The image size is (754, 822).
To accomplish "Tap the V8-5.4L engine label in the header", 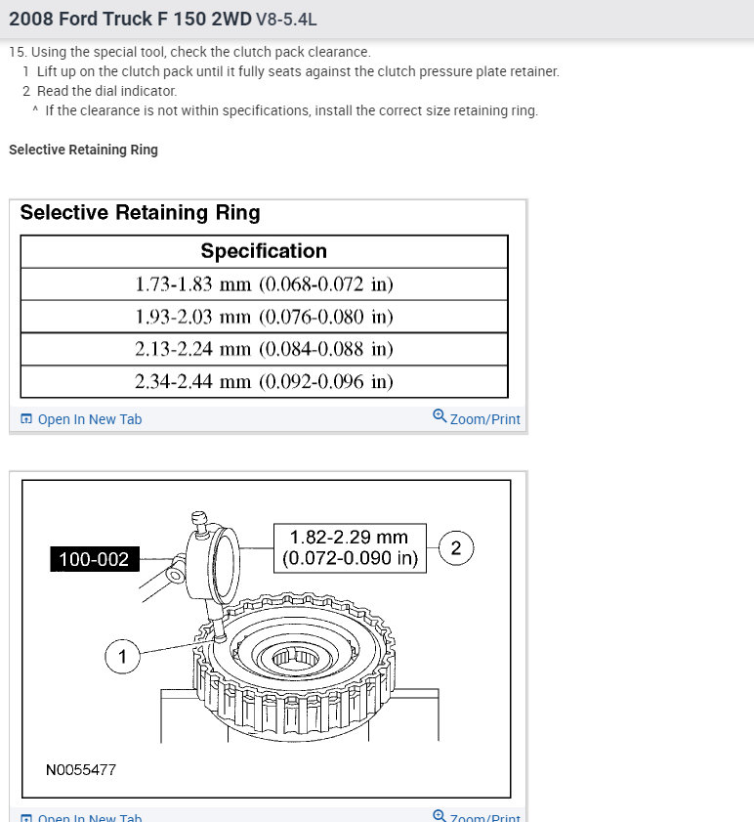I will pos(286,20).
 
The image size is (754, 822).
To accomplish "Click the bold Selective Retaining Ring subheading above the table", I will pos(83,150).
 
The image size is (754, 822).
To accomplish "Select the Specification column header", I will pos(264,251).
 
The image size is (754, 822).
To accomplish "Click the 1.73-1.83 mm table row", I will pos(264,284).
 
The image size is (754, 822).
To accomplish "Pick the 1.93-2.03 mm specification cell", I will pos(264,317).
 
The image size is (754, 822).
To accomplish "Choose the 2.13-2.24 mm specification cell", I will pos(264,349).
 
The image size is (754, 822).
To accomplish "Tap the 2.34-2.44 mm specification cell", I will pos(264,381).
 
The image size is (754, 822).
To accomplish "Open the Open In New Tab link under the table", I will pos(89,419).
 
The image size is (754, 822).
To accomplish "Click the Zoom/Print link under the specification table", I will pos(484,419).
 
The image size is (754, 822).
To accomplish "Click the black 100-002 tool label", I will pos(94,559).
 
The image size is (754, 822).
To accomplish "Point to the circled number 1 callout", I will pos(122,657).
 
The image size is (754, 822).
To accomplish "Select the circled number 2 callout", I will pos(456,548).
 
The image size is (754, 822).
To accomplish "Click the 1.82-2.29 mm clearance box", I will pos(349,548).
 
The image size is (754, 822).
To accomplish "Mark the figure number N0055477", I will pos(81,770).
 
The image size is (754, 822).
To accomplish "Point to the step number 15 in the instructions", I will pos(17,52).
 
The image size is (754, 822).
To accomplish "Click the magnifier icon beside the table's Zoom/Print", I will pos(440,416).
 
